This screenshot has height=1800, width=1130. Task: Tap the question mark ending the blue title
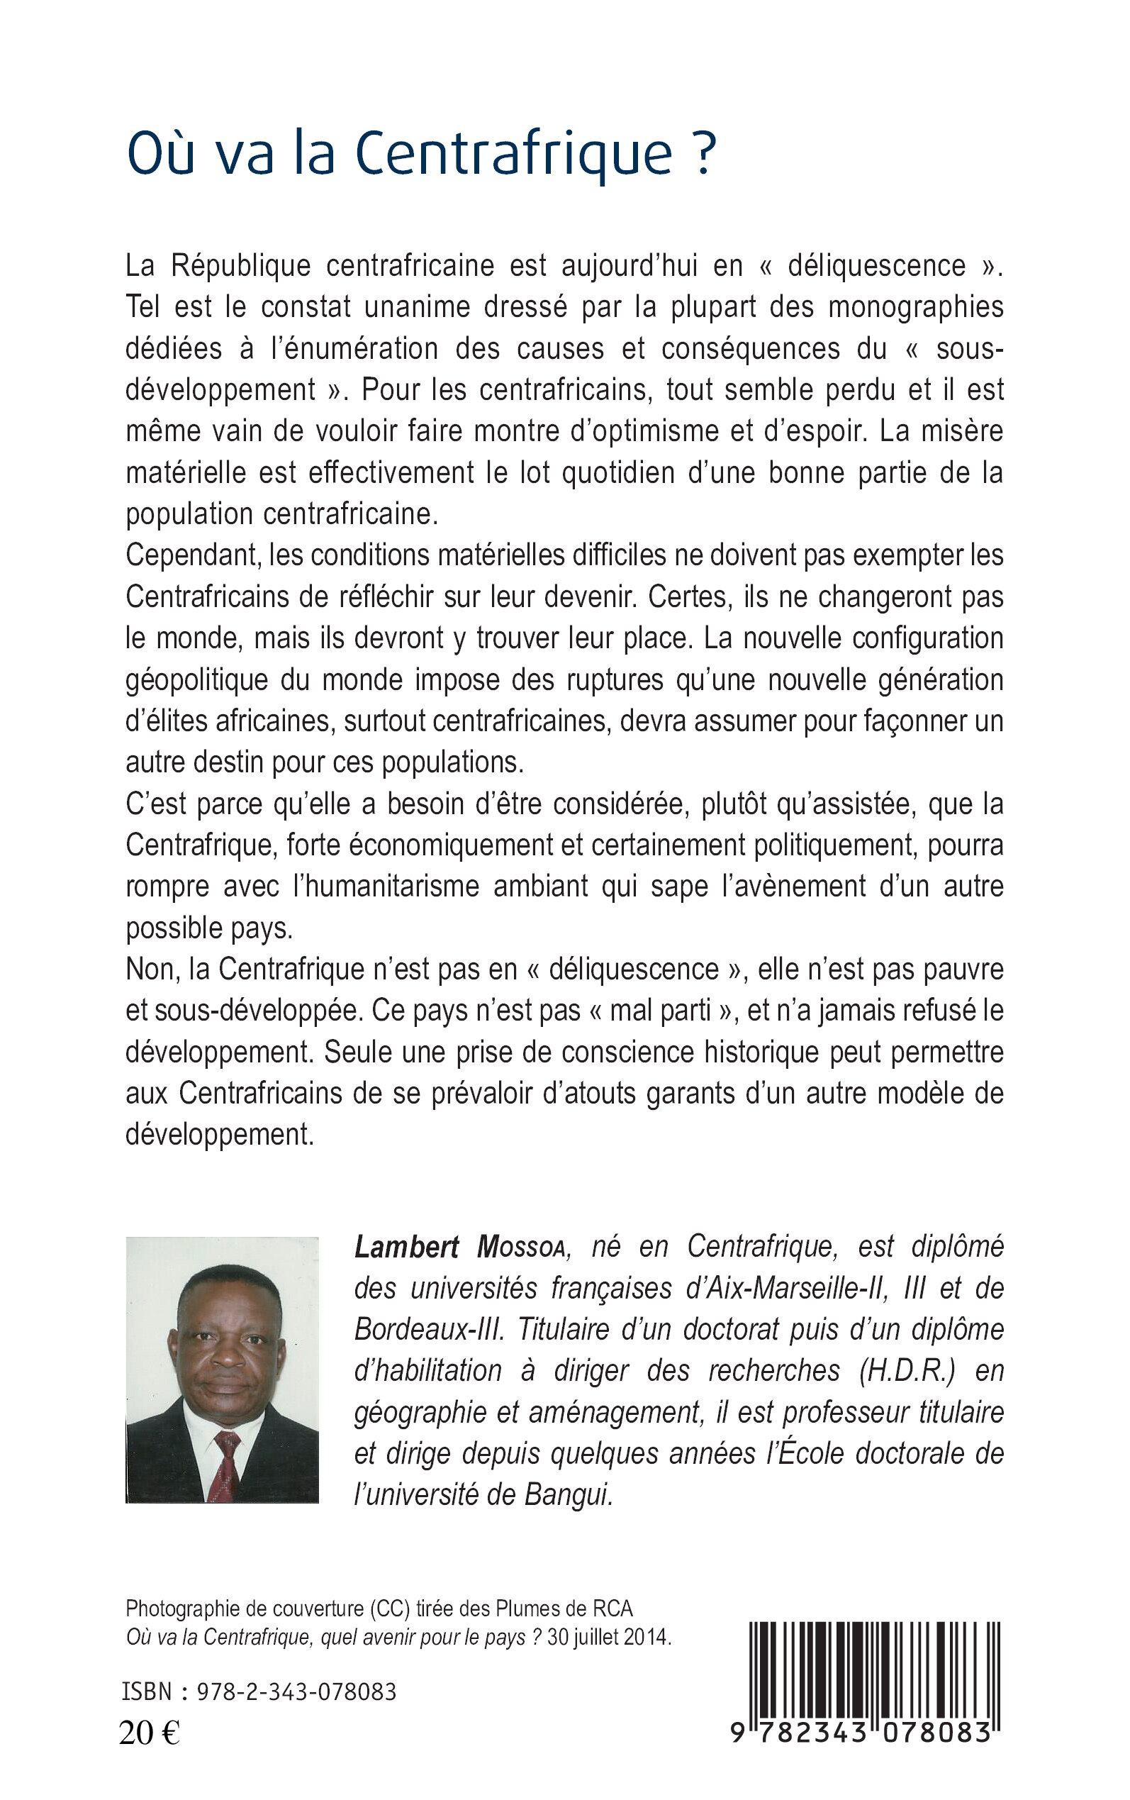coord(704,154)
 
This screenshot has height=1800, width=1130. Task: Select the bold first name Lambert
coord(407,1247)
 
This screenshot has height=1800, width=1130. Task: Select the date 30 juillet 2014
coord(609,1638)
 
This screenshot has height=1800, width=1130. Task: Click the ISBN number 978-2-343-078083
coord(296,1692)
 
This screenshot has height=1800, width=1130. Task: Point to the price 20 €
coord(150,1733)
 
